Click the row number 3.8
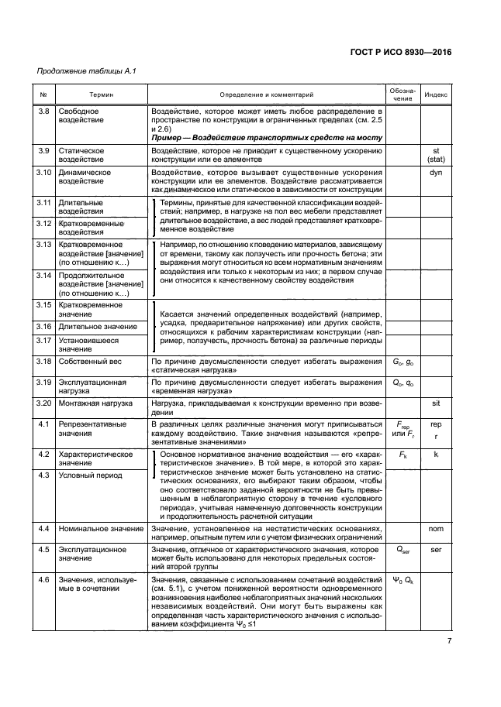(x=44, y=112)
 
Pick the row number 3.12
(x=44, y=224)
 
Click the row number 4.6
(x=44, y=579)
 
